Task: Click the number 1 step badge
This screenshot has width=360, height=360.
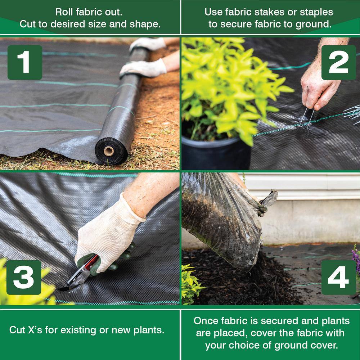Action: [25, 62]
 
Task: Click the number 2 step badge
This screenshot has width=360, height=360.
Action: [339, 62]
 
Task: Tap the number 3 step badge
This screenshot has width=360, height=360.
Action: [24, 277]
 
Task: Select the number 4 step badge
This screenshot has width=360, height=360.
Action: [339, 277]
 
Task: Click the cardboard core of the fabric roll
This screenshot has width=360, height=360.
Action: [109, 151]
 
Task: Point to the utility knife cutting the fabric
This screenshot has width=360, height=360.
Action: [80, 273]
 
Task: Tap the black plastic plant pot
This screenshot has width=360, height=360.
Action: [216, 153]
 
